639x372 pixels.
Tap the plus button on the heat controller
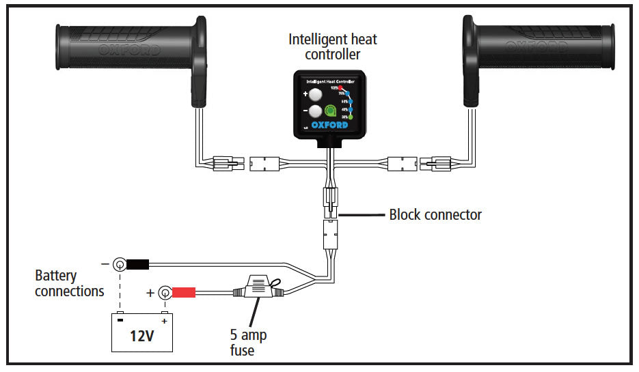pyautogui.click(x=315, y=96)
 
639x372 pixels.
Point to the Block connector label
pyautogui.click(x=435, y=215)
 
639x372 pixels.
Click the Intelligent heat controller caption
pyautogui.click(x=333, y=46)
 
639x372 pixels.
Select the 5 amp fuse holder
pyautogui.click(x=259, y=287)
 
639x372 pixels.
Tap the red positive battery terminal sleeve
pyautogui.click(x=183, y=294)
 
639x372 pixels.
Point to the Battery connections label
pyautogui.click(x=69, y=283)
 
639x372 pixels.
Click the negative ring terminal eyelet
pyautogui.click(x=120, y=263)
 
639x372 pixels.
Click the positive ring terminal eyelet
pyautogui.click(x=165, y=294)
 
